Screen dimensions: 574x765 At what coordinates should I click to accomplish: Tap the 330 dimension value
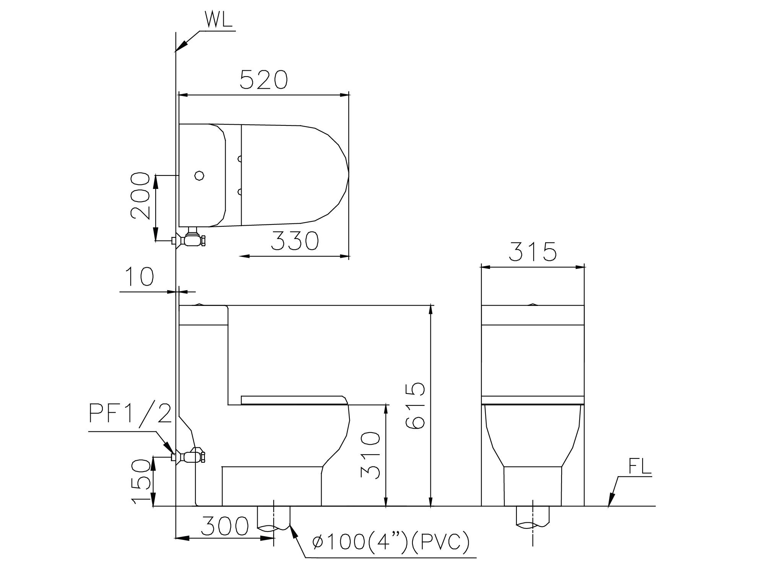[x=294, y=241]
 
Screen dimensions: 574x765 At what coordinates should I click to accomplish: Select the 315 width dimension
[x=533, y=252]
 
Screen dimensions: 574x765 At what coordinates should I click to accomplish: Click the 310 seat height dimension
[x=370, y=455]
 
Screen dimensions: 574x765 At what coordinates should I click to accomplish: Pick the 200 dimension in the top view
[x=140, y=195]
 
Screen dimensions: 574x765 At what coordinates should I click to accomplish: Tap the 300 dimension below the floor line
[x=225, y=526]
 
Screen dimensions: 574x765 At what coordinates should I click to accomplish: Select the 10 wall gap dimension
[x=140, y=276]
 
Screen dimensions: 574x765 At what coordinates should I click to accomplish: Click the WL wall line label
[x=218, y=20]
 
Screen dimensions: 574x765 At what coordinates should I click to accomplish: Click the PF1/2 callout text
[x=130, y=414]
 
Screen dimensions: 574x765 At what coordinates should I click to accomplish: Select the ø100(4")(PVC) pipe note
[x=390, y=542]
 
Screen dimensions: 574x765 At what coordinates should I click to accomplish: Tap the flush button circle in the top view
[x=199, y=176]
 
